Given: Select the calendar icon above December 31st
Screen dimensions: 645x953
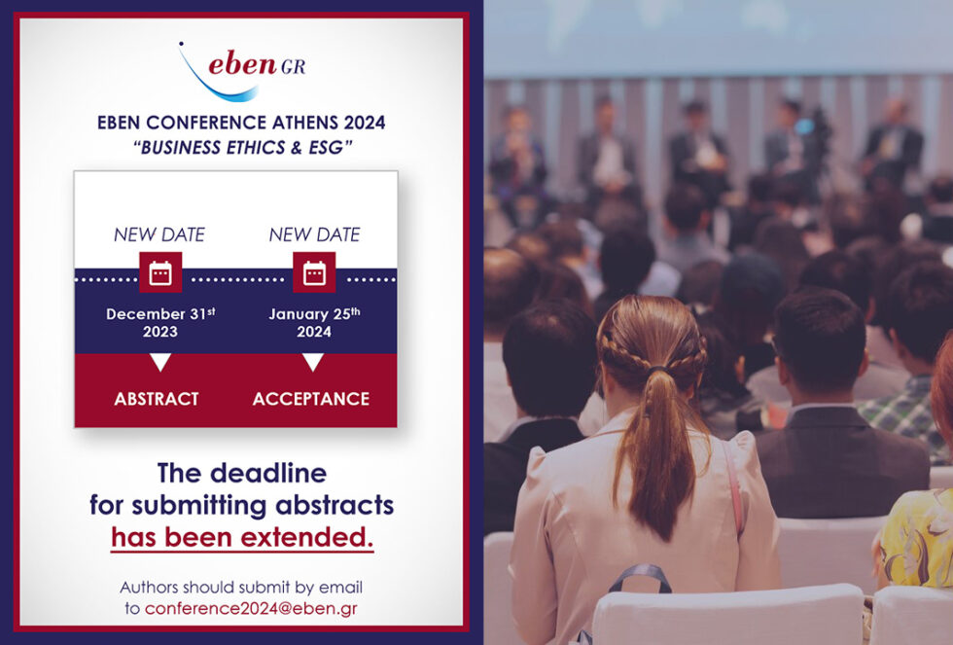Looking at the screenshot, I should (x=160, y=272).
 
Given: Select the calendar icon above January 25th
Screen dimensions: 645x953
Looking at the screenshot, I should (x=314, y=272).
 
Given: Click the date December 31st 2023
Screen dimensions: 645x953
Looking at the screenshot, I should (x=159, y=322).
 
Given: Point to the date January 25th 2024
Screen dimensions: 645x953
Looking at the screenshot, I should (x=313, y=322).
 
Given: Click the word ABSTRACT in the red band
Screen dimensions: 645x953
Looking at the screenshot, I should (x=157, y=399).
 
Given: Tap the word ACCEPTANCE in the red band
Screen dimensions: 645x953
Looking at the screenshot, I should (x=311, y=399).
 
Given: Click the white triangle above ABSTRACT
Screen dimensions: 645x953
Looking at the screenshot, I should (x=160, y=363).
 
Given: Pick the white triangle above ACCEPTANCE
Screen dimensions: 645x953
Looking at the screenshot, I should (x=313, y=363).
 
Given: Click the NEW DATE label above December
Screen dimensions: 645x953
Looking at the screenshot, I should (x=159, y=234).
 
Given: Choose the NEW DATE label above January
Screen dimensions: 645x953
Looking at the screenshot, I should (x=314, y=234).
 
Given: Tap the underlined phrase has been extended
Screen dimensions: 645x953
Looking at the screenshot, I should (x=242, y=538).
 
